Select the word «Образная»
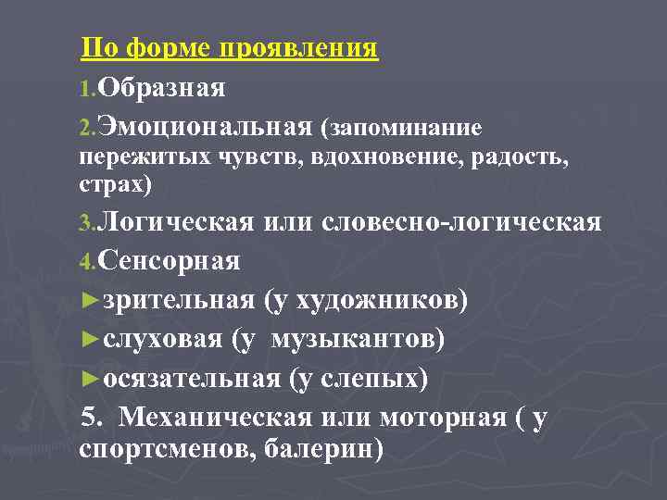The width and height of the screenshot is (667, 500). tap(161, 88)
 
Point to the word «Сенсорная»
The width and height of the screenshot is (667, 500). tap(168, 262)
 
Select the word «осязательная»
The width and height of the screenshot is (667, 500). tap(191, 379)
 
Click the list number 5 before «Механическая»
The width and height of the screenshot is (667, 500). tap(90, 418)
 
